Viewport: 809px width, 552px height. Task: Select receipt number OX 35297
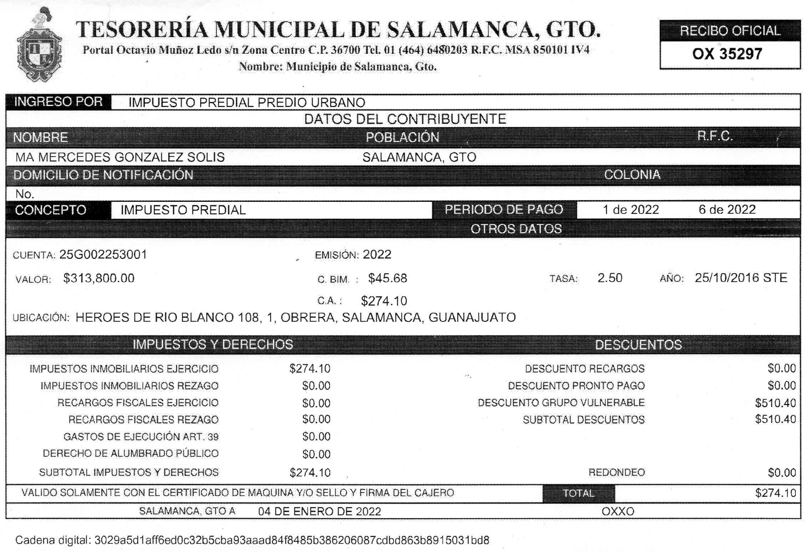pos(727,54)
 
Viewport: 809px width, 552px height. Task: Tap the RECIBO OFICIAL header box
pos(730,31)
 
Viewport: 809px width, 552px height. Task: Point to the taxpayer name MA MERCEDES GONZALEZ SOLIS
pos(120,157)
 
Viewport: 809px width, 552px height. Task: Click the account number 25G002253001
pos(103,255)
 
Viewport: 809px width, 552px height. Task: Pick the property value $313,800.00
pos(99,278)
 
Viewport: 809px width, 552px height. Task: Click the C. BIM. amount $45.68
pos(388,278)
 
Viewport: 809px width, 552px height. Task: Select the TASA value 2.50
pos(610,278)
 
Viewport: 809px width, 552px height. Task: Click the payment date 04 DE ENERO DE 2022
pos(319,512)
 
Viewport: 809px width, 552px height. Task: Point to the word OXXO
pos(618,512)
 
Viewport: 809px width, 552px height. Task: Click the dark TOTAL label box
pos(578,493)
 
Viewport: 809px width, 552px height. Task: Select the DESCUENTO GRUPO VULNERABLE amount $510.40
pos(775,403)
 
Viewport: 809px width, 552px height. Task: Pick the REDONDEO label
pos(616,472)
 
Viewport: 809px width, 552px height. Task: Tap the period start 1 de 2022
pos(631,210)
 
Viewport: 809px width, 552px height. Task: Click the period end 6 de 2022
pos(727,210)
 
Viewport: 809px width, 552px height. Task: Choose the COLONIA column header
pos(632,175)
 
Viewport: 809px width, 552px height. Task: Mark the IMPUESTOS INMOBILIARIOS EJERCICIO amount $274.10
pos(310,368)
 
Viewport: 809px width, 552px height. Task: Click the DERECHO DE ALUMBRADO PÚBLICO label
pos(130,454)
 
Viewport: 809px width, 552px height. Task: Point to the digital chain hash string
pos(292,540)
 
